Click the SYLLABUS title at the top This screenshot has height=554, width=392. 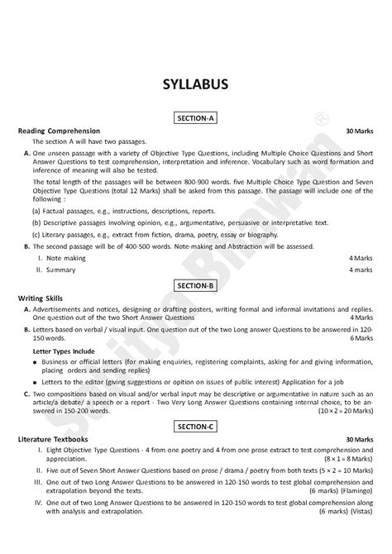click(x=195, y=85)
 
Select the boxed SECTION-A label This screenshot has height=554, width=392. click(x=195, y=119)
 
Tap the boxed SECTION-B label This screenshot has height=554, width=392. click(x=195, y=284)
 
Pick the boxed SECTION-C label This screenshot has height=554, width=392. click(x=195, y=427)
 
